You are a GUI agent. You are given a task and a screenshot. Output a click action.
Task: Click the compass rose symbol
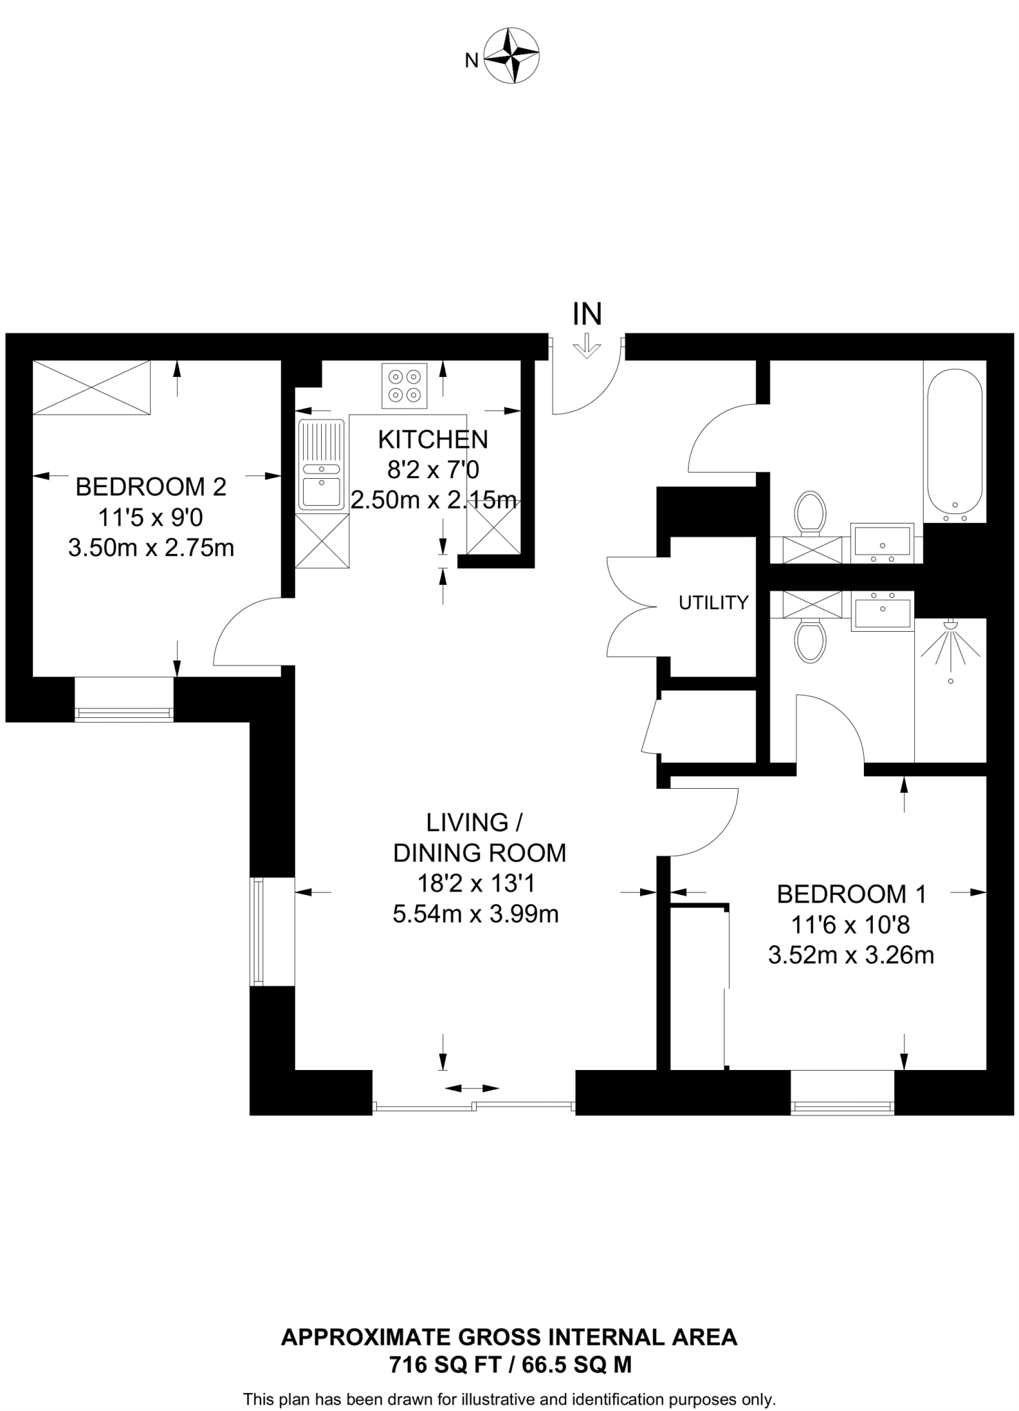pyautogui.click(x=511, y=55)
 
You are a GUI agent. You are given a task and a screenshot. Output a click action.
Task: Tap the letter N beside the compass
pyautogui.click(x=471, y=61)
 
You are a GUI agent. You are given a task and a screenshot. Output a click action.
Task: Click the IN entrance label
pyautogui.click(x=587, y=314)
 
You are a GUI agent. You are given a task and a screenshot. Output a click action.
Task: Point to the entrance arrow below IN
pyautogui.click(x=587, y=346)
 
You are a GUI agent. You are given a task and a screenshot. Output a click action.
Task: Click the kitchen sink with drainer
pyautogui.click(x=321, y=464)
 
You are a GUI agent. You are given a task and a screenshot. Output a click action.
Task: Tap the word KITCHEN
pyautogui.click(x=433, y=439)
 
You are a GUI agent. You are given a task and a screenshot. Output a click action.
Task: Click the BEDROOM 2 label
pyautogui.click(x=151, y=487)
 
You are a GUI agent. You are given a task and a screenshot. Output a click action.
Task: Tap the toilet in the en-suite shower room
pyautogui.click(x=810, y=640)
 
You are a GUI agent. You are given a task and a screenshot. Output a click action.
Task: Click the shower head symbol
pyautogui.click(x=951, y=644)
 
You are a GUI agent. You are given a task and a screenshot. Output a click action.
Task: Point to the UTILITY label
pyautogui.click(x=713, y=603)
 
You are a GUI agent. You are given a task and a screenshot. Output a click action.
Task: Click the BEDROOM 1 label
pyautogui.click(x=851, y=894)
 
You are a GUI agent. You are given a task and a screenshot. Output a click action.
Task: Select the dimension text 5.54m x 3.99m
pyautogui.click(x=475, y=914)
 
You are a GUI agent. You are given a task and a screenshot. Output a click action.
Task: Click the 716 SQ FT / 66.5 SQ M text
pyautogui.click(x=510, y=1365)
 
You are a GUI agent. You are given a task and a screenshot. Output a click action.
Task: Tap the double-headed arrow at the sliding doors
pyautogui.click(x=471, y=1089)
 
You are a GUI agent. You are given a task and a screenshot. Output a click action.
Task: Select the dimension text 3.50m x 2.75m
pyautogui.click(x=151, y=548)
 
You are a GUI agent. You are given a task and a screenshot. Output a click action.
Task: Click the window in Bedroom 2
pyautogui.click(x=124, y=713)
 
